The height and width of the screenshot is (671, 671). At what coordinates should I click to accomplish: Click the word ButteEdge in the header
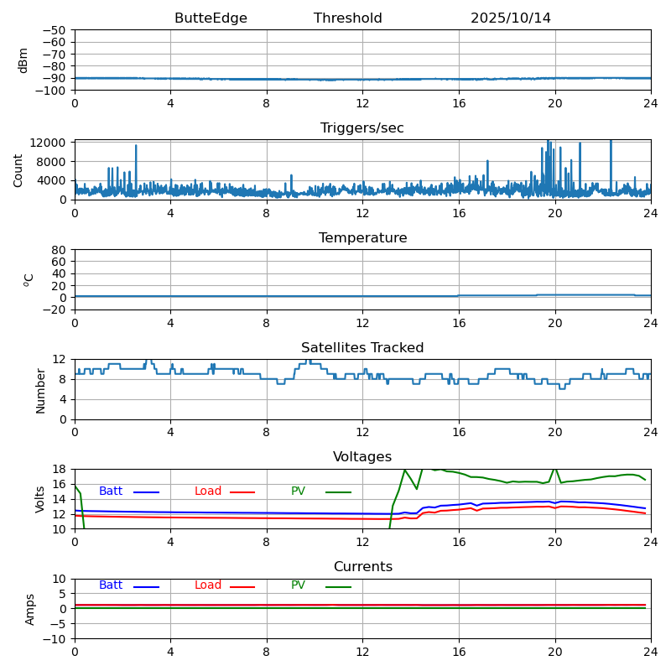pyautogui.click(x=211, y=18)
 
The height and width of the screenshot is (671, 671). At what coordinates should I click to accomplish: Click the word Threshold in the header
pyautogui.click(x=347, y=18)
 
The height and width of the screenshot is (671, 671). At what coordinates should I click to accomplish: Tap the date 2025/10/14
pyautogui.click(x=510, y=18)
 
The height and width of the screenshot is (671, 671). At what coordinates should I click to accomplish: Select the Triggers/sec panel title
pyautogui.click(x=362, y=128)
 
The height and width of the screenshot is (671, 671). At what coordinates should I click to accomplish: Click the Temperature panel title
pyautogui.click(x=362, y=238)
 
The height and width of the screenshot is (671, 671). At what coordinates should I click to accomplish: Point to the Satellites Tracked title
pyautogui.click(x=362, y=348)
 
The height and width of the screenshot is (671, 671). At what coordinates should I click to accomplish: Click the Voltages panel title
pyautogui.click(x=362, y=457)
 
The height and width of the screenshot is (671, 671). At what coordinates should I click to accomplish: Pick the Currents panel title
pyautogui.click(x=362, y=567)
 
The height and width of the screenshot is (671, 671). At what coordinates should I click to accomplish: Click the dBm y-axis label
pyautogui.click(x=23, y=60)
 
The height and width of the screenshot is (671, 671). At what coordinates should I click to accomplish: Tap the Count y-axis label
pyautogui.click(x=19, y=169)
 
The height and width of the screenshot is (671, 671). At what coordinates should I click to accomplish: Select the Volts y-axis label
pyautogui.click(x=40, y=499)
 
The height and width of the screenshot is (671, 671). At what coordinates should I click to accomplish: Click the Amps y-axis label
pyautogui.click(x=31, y=609)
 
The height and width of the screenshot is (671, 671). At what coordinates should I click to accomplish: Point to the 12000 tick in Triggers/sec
pyautogui.click(x=49, y=143)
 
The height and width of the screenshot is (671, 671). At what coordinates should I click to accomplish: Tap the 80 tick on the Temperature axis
pyautogui.click(x=60, y=250)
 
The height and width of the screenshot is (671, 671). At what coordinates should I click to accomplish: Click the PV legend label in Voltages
pyautogui.click(x=299, y=492)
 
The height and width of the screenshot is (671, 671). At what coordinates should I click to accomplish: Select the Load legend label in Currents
pyautogui.click(x=208, y=585)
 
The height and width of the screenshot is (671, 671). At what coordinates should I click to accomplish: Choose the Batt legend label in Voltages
pyautogui.click(x=111, y=492)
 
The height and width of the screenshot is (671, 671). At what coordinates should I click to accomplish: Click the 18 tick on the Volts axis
pyautogui.click(x=60, y=469)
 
